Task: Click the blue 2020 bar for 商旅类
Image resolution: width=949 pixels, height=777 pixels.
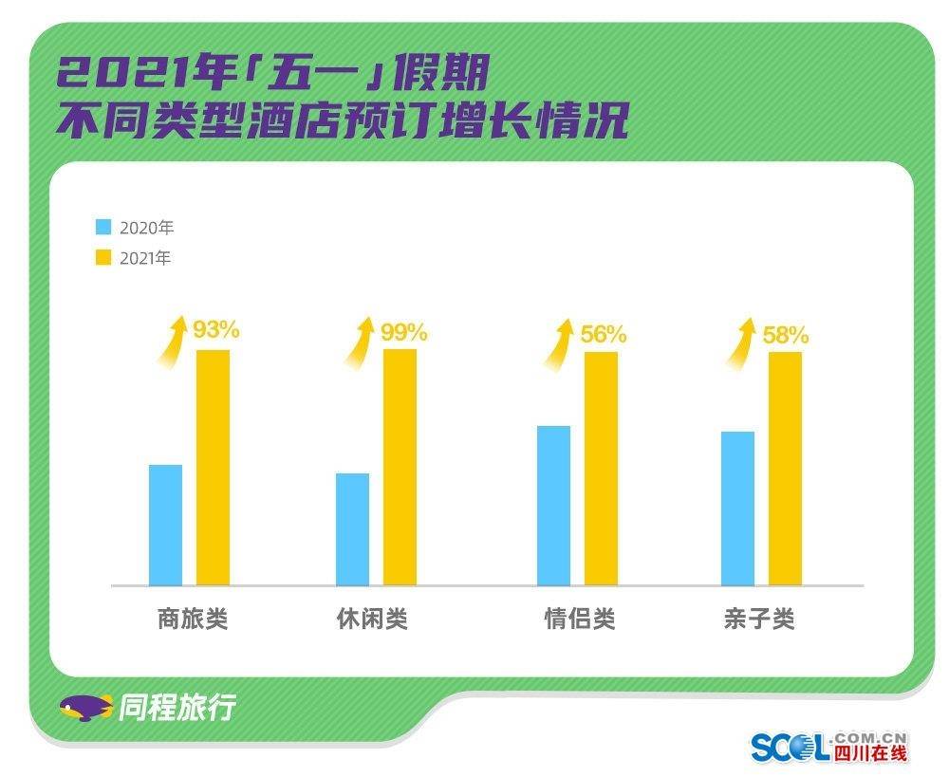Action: click(x=165, y=525)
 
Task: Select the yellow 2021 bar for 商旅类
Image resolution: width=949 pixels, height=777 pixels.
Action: click(x=213, y=467)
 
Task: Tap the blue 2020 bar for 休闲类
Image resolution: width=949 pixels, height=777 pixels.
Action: click(x=352, y=528)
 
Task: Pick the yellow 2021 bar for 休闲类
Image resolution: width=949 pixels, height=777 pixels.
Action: click(x=400, y=467)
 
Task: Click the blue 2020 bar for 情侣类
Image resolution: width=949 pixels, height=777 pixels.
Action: click(x=553, y=505)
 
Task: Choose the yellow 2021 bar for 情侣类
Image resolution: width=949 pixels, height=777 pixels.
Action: click(x=601, y=468)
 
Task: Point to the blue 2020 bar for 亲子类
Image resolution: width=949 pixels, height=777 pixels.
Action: click(x=737, y=508)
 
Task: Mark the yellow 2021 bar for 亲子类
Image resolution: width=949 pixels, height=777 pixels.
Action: click(x=785, y=468)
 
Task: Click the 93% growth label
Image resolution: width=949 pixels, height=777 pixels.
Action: click(x=216, y=330)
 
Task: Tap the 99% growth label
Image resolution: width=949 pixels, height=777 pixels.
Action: click(x=404, y=332)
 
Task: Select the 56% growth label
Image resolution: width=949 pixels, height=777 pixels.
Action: click(x=604, y=334)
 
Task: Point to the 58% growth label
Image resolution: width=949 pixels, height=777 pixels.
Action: click(x=786, y=335)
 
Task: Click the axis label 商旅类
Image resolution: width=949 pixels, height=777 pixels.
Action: click(x=193, y=620)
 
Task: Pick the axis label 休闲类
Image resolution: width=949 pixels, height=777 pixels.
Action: click(x=372, y=620)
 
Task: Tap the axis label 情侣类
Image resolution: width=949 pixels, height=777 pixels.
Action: click(x=580, y=620)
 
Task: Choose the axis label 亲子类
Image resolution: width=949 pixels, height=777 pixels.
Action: click(x=758, y=620)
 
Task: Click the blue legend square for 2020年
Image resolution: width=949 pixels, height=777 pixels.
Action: click(x=103, y=228)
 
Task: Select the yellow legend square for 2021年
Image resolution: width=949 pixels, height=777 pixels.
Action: click(x=103, y=257)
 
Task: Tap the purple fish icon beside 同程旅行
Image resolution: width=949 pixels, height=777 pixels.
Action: click(x=85, y=708)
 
